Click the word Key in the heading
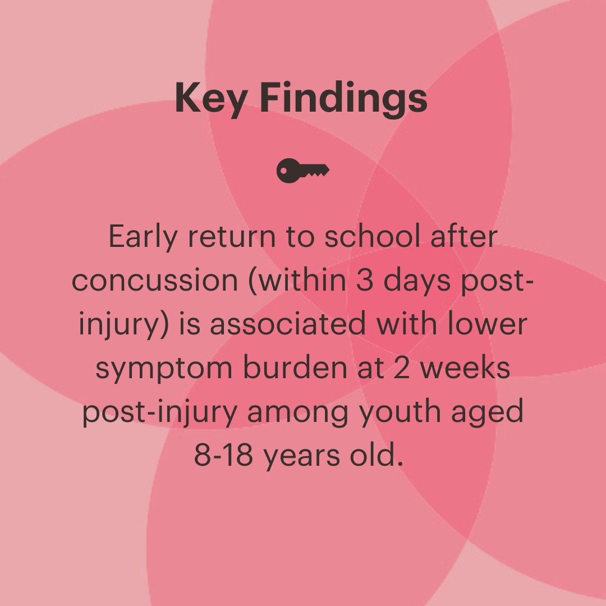tap(210, 99)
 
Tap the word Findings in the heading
tap(344, 99)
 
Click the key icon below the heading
tap(303, 170)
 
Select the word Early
tap(143, 237)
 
